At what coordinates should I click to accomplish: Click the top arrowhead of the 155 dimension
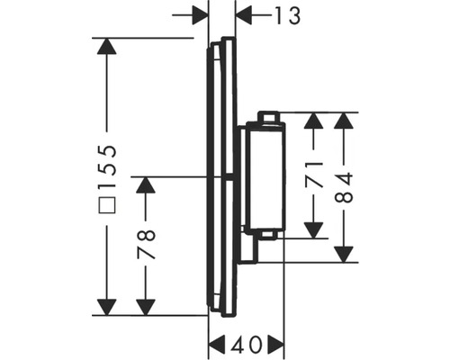click(x=107, y=49)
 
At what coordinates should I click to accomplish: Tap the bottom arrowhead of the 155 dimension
click(x=107, y=306)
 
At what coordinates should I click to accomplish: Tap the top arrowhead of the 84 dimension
click(x=346, y=123)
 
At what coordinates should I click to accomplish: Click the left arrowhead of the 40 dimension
click(x=219, y=345)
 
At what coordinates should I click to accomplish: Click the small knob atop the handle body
click(x=268, y=116)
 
